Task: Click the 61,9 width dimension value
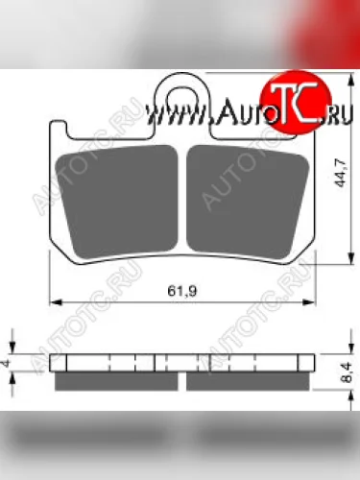tap(181, 291)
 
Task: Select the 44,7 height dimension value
tap(340, 173)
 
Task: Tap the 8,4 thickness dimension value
tap(347, 372)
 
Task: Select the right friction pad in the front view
tap(248, 203)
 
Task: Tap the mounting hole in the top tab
tap(181, 100)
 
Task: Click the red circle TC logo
tap(296, 103)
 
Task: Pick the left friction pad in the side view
tap(116, 381)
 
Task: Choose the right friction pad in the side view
tap(248, 381)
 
